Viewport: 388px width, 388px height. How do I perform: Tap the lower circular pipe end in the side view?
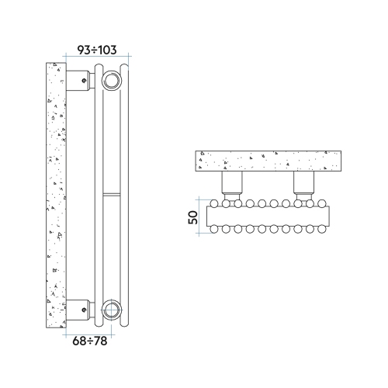[x=111, y=310]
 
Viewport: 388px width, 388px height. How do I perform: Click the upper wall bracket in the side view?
[x=79, y=79]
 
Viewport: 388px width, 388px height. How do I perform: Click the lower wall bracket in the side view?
[x=79, y=309]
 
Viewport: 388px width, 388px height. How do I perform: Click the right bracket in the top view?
[x=303, y=184]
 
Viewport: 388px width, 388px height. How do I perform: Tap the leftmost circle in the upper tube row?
[x=213, y=203]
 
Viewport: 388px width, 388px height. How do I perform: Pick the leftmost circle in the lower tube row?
[x=213, y=229]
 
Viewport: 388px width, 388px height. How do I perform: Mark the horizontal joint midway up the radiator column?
[x=112, y=192]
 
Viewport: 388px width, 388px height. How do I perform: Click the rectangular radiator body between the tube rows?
[x=268, y=216]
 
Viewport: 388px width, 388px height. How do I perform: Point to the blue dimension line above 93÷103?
[x=97, y=57]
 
